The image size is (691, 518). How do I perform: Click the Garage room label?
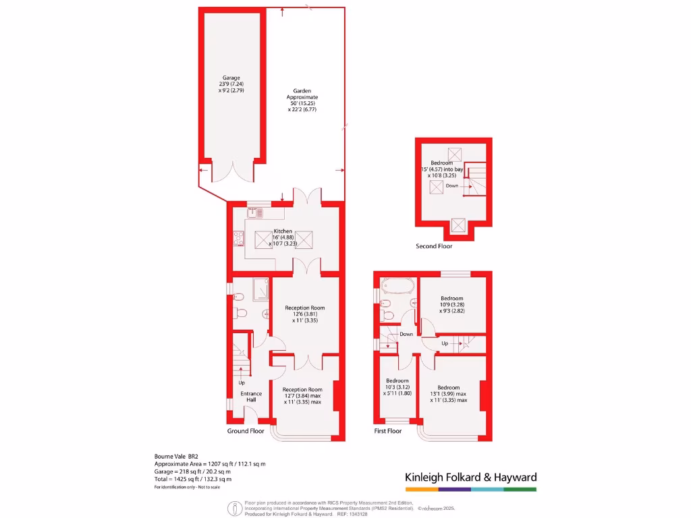tap(231, 78)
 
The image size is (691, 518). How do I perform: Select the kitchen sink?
tap(254, 213)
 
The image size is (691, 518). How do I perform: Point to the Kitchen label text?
tap(283, 231)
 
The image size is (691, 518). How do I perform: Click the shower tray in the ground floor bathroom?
tap(260, 289)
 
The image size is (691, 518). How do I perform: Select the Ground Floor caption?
tap(246, 430)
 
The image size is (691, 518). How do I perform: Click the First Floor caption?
tap(388, 430)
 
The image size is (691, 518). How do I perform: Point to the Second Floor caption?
tap(434, 246)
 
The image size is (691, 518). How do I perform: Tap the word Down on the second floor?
tap(451, 185)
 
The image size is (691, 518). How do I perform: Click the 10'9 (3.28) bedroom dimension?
tap(451, 305)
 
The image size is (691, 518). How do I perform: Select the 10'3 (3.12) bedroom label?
tap(397, 387)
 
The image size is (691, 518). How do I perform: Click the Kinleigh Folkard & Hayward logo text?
tap(470, 478)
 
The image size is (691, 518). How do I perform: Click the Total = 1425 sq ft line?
tap(193, 479)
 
